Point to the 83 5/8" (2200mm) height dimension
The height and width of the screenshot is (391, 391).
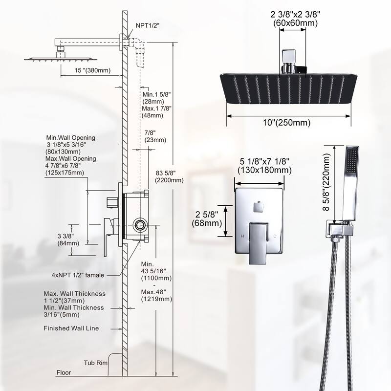tap(169, 176)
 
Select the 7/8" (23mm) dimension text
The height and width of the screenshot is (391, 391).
tap(155, 135)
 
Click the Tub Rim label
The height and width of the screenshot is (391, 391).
tap(95, 363)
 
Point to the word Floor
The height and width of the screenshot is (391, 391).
tap(63, 372)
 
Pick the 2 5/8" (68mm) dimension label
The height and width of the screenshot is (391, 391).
tap(206, 219)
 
